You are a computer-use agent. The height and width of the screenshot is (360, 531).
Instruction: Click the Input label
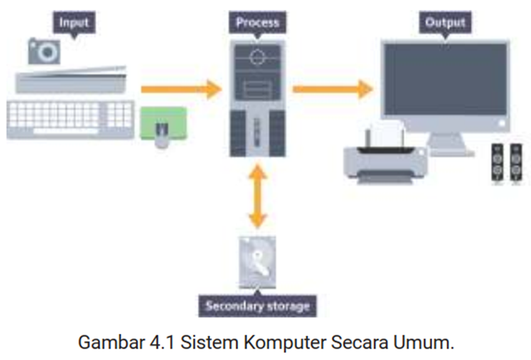73,23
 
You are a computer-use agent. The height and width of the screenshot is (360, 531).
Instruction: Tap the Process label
258,23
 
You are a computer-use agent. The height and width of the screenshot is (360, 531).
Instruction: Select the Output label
445,23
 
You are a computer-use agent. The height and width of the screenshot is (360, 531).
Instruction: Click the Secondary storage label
257,306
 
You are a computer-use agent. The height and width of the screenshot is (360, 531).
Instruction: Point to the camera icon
44,51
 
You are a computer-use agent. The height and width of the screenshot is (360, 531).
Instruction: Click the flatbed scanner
71,80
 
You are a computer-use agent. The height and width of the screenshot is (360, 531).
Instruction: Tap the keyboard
70,120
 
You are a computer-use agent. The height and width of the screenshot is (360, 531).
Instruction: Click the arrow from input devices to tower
181,89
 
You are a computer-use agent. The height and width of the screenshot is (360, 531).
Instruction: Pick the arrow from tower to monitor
332,89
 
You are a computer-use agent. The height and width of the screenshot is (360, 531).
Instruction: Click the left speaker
498,163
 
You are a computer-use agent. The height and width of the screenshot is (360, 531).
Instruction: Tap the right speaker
516,163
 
